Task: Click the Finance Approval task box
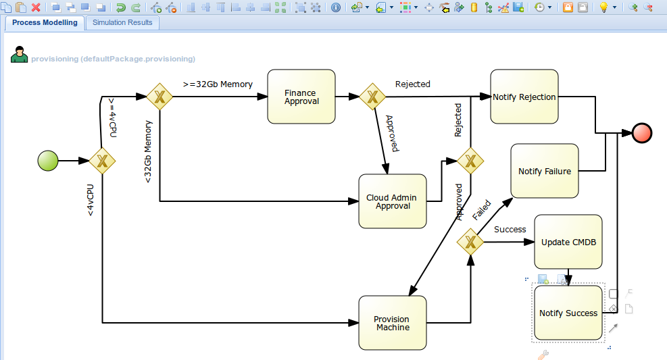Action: tap(301, 97)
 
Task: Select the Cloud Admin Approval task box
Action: tap(392, 201)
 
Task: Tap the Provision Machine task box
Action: tap(392, 323)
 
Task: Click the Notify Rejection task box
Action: tap(524, 97)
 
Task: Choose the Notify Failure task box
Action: tap(545, 171)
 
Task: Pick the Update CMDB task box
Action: tap(568, 242)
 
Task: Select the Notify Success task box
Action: tap(568, 313)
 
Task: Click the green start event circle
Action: tap(48, 161)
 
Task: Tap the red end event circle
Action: tap(642, 133)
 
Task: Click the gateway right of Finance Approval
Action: tap(372, 97)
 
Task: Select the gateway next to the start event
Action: tap(102, 161)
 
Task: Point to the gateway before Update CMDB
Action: tap(470, 242)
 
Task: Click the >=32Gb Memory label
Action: tap(218, 84)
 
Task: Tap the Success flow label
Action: tap(510, 230)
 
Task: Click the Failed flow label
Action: tap(482, 210)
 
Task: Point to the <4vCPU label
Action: tap(90, 200)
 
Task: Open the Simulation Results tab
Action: tap(122, 22)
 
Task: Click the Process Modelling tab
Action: tap(45, 22)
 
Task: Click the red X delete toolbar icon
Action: tap(36, 7)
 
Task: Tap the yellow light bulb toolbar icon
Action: tap(603, 7)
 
